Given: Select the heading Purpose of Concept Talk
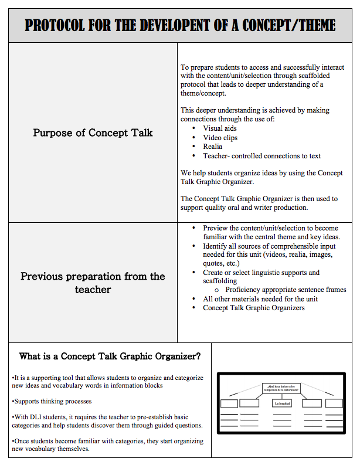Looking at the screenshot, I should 93,133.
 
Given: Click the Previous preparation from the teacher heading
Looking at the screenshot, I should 93,283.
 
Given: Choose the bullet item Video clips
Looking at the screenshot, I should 220,137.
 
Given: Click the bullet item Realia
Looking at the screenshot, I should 213,147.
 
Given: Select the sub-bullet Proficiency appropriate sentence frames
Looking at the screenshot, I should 286,290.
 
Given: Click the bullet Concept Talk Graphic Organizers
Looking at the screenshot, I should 254,308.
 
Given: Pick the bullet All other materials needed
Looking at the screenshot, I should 260,299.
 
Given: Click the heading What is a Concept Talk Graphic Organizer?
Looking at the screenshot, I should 110,356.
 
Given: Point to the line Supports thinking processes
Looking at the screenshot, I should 52,401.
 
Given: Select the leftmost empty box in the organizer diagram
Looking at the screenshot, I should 229,403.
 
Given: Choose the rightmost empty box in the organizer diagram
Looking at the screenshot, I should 334,403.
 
